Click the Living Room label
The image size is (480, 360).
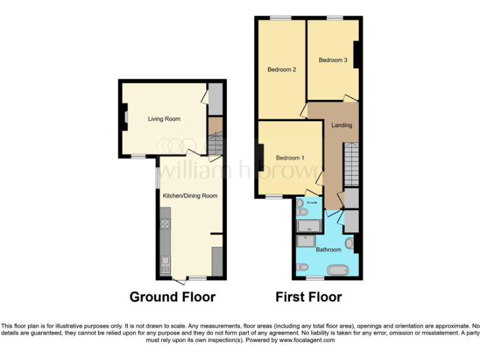[164, 119]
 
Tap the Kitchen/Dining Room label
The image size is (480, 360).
[190, 196]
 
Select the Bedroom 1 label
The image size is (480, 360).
[290, 157]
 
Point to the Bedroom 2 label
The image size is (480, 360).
[281, 69]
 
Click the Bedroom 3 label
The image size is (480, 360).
[332, 60]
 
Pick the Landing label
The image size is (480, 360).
[342, 125]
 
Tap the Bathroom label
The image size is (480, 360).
[328, 249]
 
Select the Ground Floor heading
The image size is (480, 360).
[172, 297]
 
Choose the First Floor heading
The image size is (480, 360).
[309, 297]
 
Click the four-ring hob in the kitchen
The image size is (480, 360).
[165, 224]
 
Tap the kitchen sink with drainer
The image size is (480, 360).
[164, 265]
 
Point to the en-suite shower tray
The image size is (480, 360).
[308, 226]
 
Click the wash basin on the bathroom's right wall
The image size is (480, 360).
[349, 243]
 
